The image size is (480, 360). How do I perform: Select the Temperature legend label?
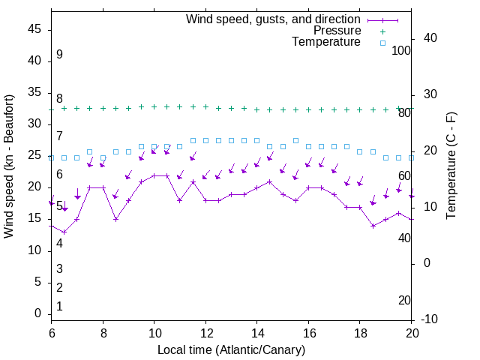(326, 42)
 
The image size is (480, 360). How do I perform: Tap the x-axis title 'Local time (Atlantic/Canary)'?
(231, 349)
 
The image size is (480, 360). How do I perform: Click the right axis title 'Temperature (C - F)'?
(451, 166)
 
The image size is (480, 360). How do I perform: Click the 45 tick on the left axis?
(34, 29)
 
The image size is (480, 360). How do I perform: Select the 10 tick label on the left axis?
(34, 250)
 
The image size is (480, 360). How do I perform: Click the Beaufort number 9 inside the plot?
(59, 55)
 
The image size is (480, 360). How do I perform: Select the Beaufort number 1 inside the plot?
(59, 306)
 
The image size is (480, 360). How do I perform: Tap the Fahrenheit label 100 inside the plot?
(402, 50)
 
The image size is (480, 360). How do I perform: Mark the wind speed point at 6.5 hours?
(64, 232)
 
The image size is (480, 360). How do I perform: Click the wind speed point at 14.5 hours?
(269, 181)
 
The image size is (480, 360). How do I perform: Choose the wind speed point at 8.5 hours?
(115, 219)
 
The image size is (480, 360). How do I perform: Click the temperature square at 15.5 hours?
(295, 140)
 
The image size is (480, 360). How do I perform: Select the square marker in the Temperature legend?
(382, 43)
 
